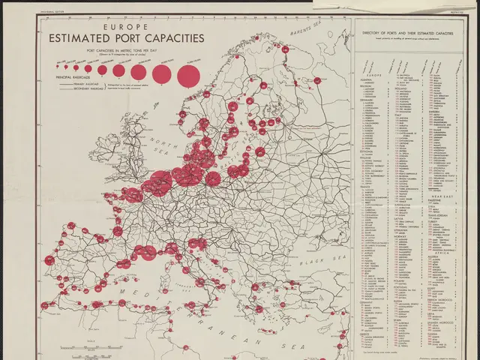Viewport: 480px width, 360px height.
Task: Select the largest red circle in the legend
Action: (187, 73)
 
